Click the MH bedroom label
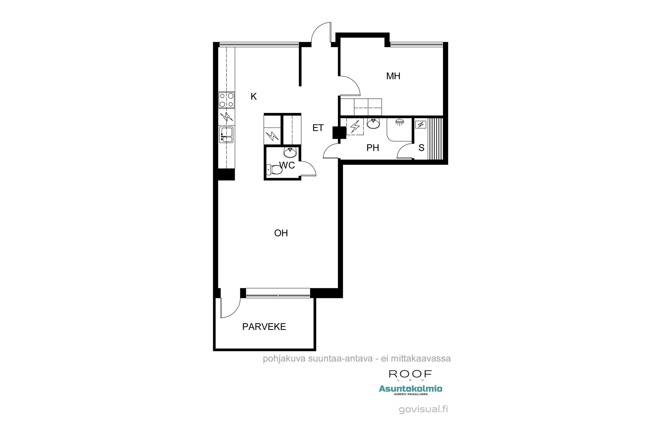click(x=393, y=76)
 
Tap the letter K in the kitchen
click(x=254, y=97)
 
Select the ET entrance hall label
click(x=318, y=128)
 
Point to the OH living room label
click(x=281, y=233)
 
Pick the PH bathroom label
click(x=372, y=148)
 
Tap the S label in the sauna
click(x=421, y=148)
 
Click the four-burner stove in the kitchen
click(x=227, y=100)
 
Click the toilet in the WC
click(x=275, y=170)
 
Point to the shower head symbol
click(x=399, y=122)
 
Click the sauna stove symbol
click(x=421, y=125)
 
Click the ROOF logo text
click(x=410, y=374)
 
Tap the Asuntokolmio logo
click(x=410, y=389)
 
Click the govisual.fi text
click(x=423, y=409)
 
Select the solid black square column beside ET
click(x=339, y=133)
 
